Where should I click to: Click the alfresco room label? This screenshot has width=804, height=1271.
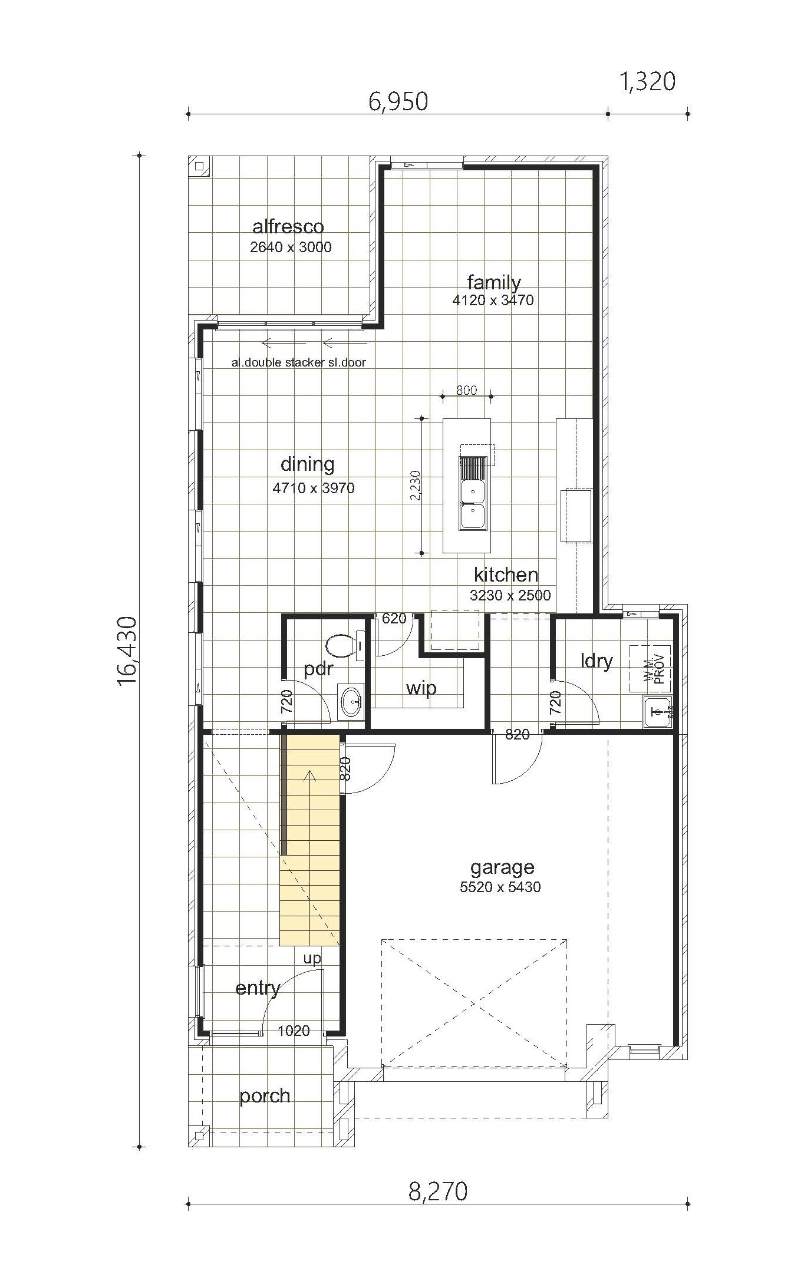tap(288, 227)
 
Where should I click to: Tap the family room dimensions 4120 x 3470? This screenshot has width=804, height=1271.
tap(493, 300)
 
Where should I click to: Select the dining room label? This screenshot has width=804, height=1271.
tap(307, 464)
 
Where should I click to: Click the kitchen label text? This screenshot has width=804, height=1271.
tap(506, 575)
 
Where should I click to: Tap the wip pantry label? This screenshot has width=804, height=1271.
tap(421, 688)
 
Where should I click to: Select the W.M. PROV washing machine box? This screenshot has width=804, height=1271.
tap(650, 669)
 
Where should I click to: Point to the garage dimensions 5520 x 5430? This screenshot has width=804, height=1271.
tap(500, 887)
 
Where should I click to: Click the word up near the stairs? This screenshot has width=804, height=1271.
tap(312, 959)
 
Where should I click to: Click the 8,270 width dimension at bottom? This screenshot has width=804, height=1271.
tap(438, 1191)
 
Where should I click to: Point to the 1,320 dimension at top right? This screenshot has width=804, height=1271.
tap(647, 82)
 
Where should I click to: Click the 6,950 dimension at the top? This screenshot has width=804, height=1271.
tap(398, 102)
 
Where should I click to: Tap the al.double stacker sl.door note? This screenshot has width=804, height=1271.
tap(299, 362)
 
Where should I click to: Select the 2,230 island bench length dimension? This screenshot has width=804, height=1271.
tap(416, 486)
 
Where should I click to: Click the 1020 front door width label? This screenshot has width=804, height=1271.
tap(294, 1031)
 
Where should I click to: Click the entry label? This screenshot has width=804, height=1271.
tap(258, 988)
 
